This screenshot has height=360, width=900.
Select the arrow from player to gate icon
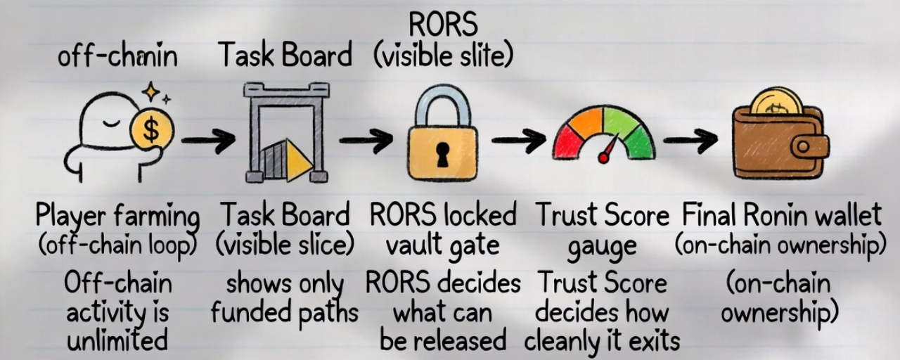pos(208,141)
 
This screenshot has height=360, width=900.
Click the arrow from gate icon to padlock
pos(366,141)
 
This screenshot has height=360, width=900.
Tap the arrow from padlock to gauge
pos(518,141)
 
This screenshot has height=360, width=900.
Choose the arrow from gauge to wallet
pos(689,141)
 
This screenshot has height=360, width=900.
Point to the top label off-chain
pos(118,56)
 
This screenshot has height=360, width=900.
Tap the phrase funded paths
pos(284,311)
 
